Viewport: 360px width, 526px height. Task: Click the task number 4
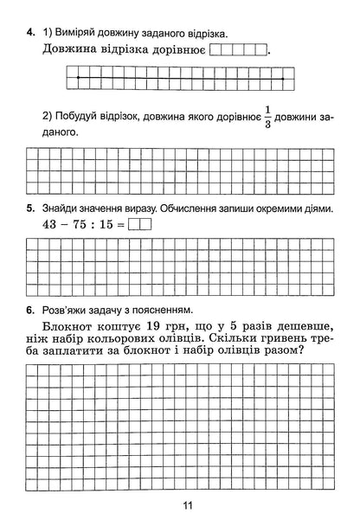[30, 33]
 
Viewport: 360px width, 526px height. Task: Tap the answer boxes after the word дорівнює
[238, 50]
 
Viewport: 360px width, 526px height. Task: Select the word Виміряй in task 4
[74, 33]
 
